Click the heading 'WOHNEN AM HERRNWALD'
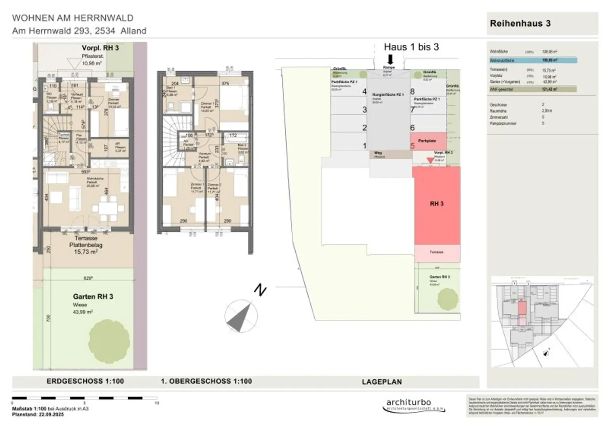tap(73, 18)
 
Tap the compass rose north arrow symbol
tap(241, 317)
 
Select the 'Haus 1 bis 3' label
tap(411, 47)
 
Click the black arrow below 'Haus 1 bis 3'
tap(390, 60)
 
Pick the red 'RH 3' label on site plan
tap(437, 204)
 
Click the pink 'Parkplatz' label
tap(427, 140)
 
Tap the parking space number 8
tap(412, 91)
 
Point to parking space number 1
tap(365, 146)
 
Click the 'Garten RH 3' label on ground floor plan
tap(93, 296)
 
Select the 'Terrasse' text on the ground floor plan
tap(85, 238)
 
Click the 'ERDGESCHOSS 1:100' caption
tap(85, 381)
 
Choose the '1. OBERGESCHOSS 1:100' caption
tap(206, 381)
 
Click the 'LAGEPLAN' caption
tap(382, 382)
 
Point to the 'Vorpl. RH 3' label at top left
tap(100, 48)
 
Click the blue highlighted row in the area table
tap(533, 61)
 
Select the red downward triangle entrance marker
tap(430, 160)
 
